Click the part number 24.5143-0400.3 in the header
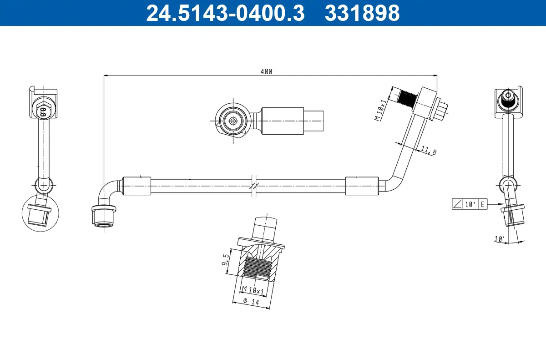pos(225,13)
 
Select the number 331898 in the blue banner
pos(362,13)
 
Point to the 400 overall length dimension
pos(266,71)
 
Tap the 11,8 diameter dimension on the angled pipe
pos(428,151)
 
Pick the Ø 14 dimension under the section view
pos(251,301)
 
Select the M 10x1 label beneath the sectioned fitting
pos(253,290)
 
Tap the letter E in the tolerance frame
pos(483,205)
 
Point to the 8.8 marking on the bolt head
pos(43,111)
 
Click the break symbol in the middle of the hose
pos(254,186)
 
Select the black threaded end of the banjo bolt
pos(406,98)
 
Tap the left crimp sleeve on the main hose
pos(136,186)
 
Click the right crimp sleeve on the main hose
pos(362,186)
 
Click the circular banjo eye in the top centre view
pos(233,121)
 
